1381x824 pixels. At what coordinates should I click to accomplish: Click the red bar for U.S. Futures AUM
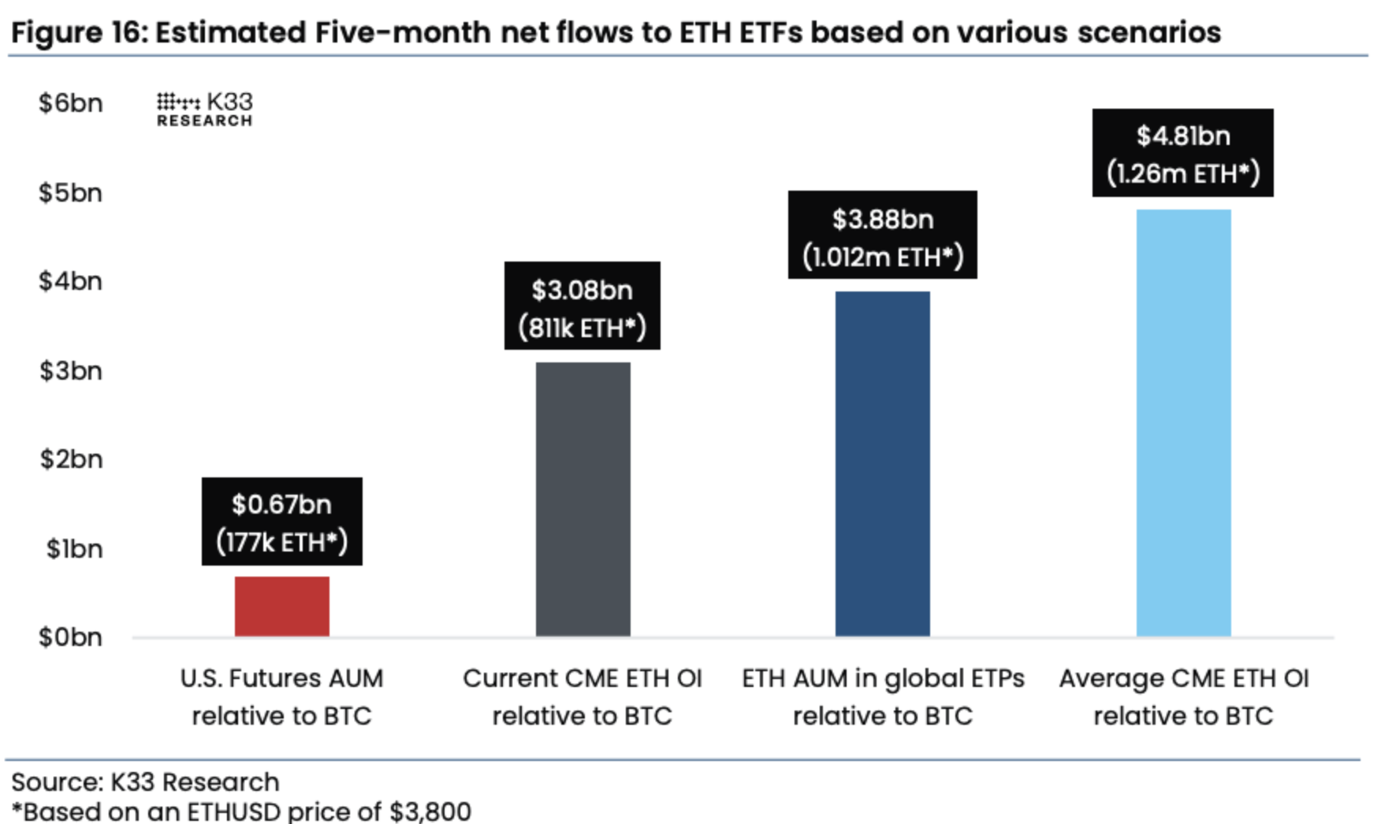281,606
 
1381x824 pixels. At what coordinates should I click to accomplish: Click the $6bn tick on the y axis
71,103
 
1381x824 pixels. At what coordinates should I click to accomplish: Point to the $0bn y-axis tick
71,637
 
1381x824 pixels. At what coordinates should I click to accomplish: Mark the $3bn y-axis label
71,370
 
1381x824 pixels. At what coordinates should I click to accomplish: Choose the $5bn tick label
71,193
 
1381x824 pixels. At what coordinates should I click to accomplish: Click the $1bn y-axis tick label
74,548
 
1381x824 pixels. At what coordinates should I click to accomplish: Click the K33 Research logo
205,109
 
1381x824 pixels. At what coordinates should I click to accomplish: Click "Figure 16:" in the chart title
79,33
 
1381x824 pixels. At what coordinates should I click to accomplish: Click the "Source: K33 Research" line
146,781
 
